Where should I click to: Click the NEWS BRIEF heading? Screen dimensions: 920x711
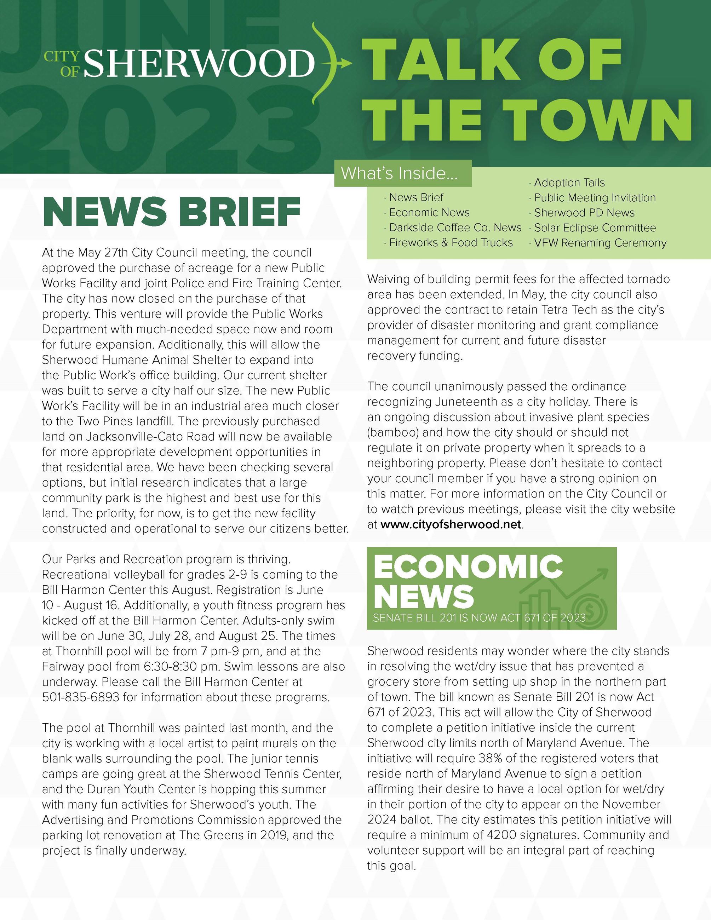click(x=171, y=212)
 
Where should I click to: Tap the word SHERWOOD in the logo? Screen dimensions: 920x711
click(x=199, y=63)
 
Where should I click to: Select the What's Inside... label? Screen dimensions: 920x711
click(x=399, y=173)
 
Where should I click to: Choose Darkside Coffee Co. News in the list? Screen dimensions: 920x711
click(x=455, y=228)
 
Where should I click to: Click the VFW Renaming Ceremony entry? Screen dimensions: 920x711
click(x=600, y=243)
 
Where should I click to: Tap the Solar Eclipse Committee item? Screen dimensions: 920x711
click(x=595, y=228)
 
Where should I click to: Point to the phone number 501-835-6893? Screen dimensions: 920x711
click(x=81, y=697)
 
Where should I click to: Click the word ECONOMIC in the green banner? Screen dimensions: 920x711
click(x=468, y=567)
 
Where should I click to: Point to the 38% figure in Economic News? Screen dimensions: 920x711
click(x=489, y=758)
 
